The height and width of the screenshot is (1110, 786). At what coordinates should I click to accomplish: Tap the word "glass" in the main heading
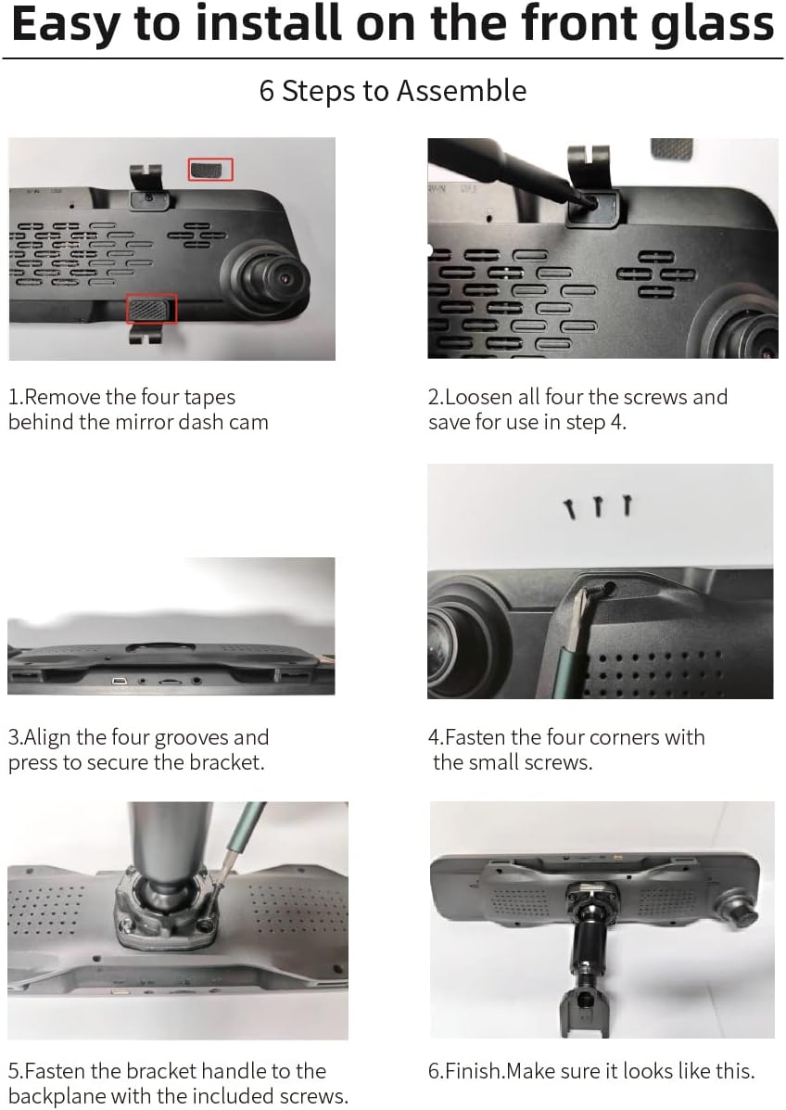click(x=708, y=26)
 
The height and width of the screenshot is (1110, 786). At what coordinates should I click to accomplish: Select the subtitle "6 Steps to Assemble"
click(x=393, y=91)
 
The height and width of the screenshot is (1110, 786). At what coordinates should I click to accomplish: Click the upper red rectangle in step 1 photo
click(x=210, y=169)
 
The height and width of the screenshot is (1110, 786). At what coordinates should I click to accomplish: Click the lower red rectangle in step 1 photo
click(x=151, y=308)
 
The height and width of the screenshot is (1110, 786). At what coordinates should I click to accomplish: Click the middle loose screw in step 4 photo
click(x=598, y=506)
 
